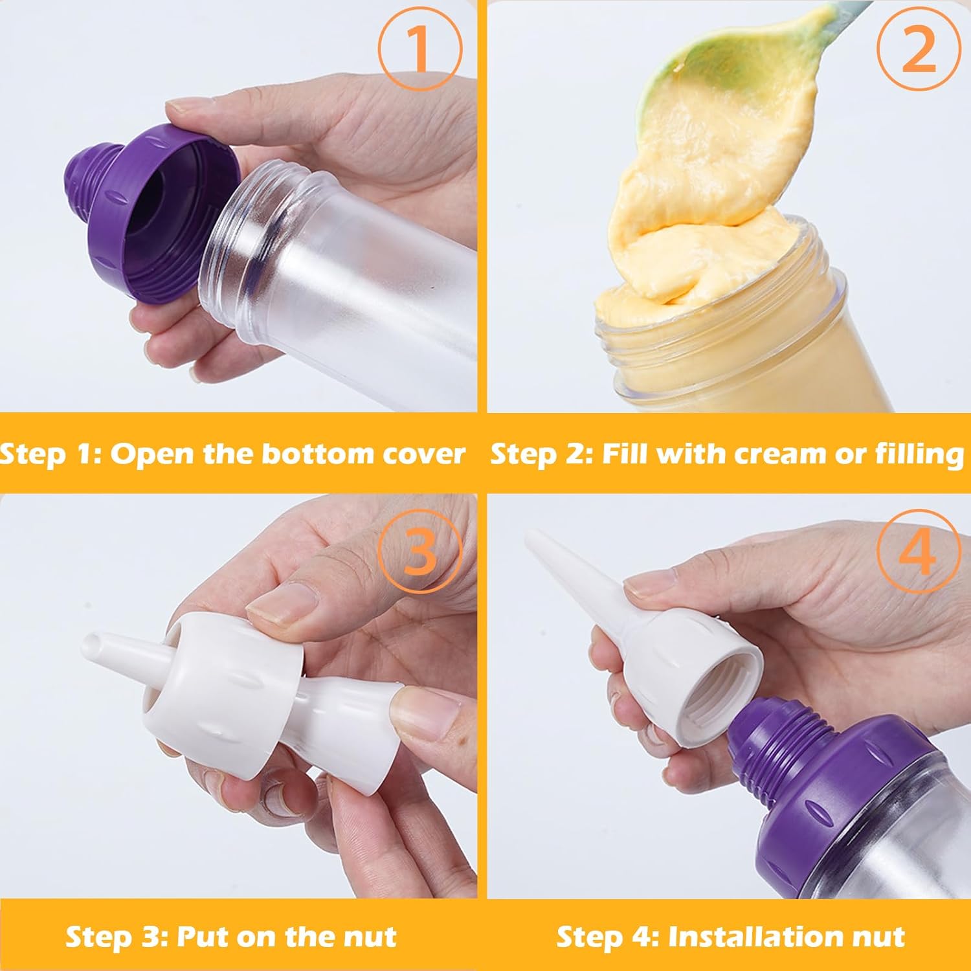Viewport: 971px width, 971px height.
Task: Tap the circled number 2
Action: click(x=919, y=49)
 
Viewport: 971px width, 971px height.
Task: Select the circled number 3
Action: click(x=420, y=550)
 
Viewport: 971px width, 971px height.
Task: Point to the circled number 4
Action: click(x=919, y=550)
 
